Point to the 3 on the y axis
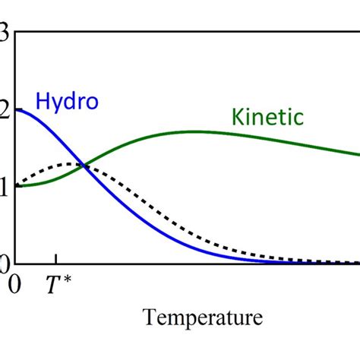click(x=5, y=33)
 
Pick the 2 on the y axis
click(x=5, y=111)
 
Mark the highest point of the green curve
click(x=194, y=131)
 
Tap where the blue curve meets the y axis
click(x=16, y=109)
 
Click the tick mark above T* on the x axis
click(x=55, y=260)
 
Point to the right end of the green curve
click(x=358, y=154)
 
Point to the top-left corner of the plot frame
click(x=16, y=32)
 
